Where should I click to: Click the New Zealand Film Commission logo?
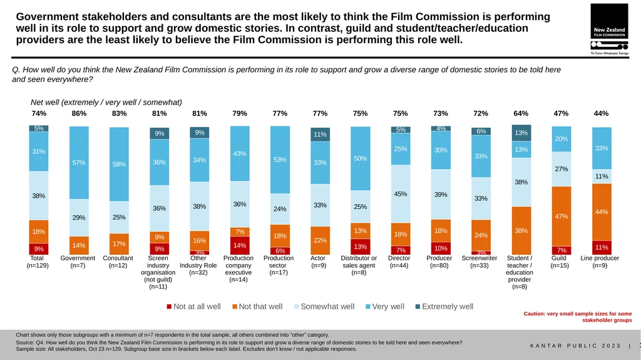point(609,29)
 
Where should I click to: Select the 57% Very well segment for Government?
point(79,163)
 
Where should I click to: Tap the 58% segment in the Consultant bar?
point(119,164)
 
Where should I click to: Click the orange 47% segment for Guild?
point(562,217)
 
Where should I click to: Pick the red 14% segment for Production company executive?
point(240,245)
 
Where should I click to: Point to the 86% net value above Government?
point(79,113)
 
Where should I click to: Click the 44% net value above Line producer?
point(601,113)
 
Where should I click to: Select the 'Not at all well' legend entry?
point(193,306)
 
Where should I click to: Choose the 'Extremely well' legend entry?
point(444,306)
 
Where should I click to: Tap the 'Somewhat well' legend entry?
point(324,306)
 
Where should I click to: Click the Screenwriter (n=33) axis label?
point(479,262)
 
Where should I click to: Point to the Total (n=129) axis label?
point(37,262)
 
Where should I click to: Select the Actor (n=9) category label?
point(318,262)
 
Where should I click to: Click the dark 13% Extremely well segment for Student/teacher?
point(521,133)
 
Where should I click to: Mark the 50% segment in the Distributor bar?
point(360,158)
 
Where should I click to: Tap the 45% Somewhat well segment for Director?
point(400,194)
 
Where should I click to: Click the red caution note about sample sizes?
point(578,317)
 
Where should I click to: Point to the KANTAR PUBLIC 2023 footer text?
point(576,346)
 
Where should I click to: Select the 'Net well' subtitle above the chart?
point(106,102)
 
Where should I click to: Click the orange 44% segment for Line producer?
point(602,212)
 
